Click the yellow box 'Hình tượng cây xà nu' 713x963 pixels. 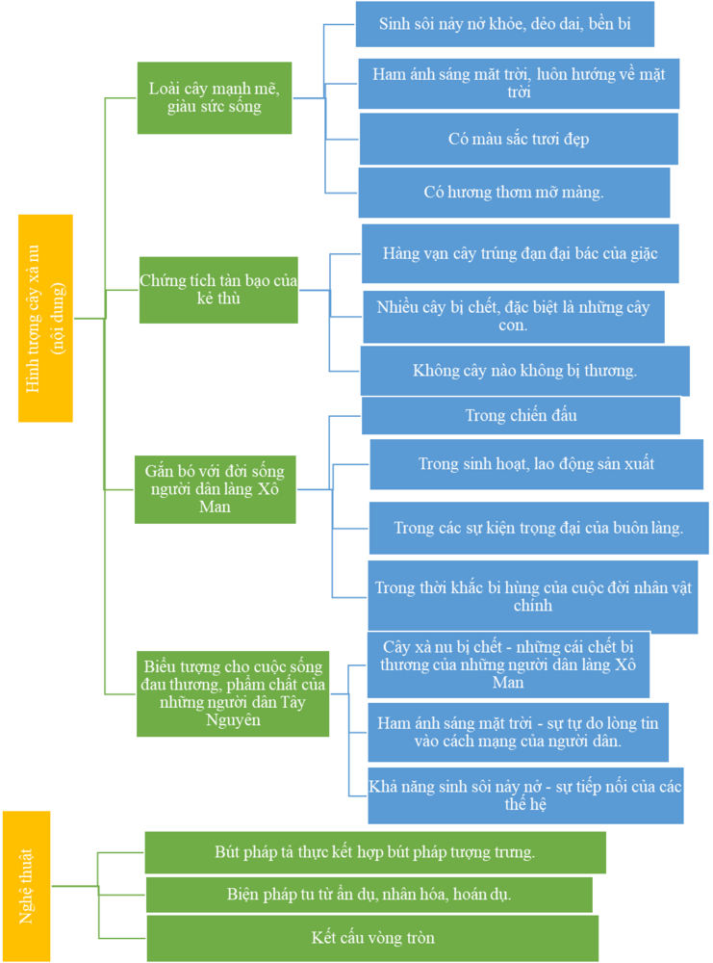point(45,318)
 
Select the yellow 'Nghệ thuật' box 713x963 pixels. point(26,886)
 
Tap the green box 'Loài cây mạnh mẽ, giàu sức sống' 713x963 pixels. point(215,97)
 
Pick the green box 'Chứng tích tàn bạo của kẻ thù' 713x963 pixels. point(218,290)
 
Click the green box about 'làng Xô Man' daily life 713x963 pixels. point(215,489)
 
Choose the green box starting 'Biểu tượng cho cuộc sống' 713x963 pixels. point(233,693)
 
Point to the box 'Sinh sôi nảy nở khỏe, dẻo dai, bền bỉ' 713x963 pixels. point(505,24)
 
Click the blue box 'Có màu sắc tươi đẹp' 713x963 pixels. point(519,139)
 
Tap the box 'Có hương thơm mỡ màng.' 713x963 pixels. point(514,193)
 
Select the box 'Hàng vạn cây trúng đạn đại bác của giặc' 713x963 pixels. point(521,253)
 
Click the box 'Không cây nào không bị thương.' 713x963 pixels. point(524,371)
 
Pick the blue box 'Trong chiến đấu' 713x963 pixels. point(521,416)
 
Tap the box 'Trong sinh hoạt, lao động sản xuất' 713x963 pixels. point(536,464)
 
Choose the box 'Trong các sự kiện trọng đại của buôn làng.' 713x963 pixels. point(539,528)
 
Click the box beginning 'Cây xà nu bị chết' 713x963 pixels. point(508,664)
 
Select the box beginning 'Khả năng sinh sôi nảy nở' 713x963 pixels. point(525,795)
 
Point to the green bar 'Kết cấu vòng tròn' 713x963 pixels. point(372,938)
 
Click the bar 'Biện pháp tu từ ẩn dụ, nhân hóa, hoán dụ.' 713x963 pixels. point(369,895)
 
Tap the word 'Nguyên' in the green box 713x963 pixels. point(233,719)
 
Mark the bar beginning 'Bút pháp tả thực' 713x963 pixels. point(375,852)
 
